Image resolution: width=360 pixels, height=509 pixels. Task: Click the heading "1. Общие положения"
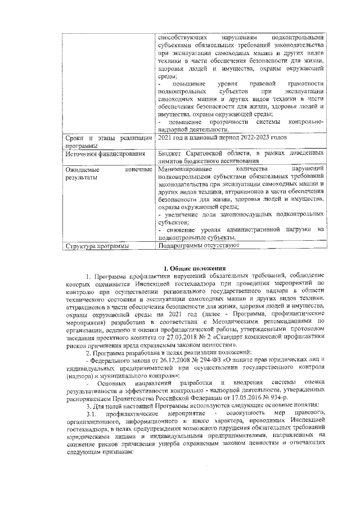(194, 268)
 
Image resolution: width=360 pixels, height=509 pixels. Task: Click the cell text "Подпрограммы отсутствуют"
(199, 246)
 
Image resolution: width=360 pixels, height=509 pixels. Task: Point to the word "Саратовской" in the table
(206, 153)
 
